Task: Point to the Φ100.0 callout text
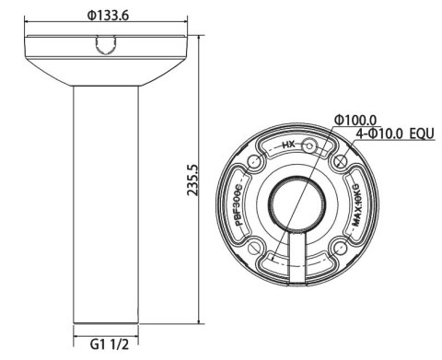coord(355,121)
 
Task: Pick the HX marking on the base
coord(287,145)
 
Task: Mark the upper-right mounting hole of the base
coord(340,165)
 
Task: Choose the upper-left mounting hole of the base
coord(249,166)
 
